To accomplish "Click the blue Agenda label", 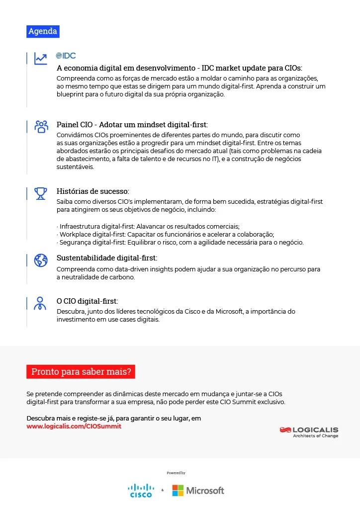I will pos(43,31).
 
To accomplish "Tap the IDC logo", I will pos(66,56).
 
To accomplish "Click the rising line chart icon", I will pos(41,59).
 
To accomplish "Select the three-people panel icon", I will pos(41,126).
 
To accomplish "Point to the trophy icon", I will pos(41,193).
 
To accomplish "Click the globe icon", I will pos(41,260).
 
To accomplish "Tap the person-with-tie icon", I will pos(41,303).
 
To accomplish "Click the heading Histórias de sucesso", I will pos(93,191).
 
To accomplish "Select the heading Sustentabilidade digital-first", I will pos(107,258).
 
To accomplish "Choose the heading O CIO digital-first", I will pos(88,301).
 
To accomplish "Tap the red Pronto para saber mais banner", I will pos(81,371).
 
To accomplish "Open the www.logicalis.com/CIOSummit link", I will pos(74,426).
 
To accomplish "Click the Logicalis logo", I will pos(309,429).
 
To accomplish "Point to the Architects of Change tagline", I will pos(315,436).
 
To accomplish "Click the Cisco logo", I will pos(141,490).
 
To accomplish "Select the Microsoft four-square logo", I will pos(178,491).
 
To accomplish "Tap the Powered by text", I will pos(176,473).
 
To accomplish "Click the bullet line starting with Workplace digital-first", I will pos(167,235).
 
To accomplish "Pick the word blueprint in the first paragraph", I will pos(71,94).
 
